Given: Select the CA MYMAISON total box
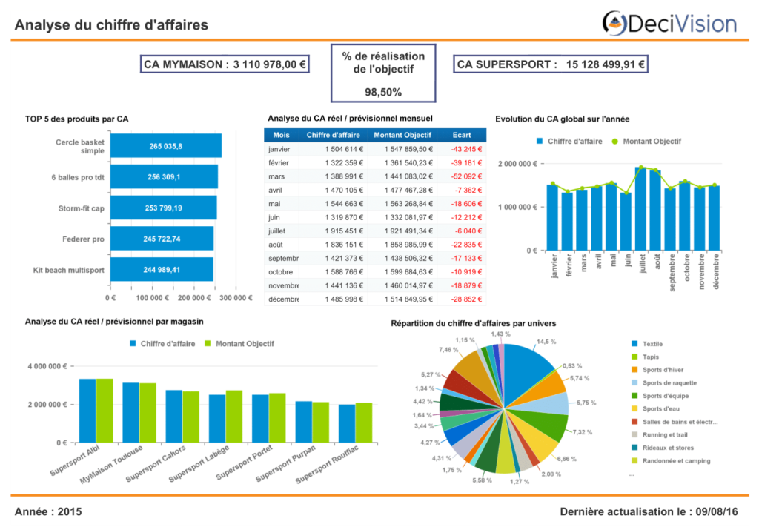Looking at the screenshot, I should (225, 64).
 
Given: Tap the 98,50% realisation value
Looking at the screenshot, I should (383, 92).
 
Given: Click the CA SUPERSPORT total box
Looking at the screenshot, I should (551, 64).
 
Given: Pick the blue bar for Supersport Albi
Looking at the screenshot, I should (87, 411).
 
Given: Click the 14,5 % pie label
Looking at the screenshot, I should (546, 342).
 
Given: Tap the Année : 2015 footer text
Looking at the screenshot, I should (48, 511).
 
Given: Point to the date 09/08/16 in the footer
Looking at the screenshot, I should (717, 511).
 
